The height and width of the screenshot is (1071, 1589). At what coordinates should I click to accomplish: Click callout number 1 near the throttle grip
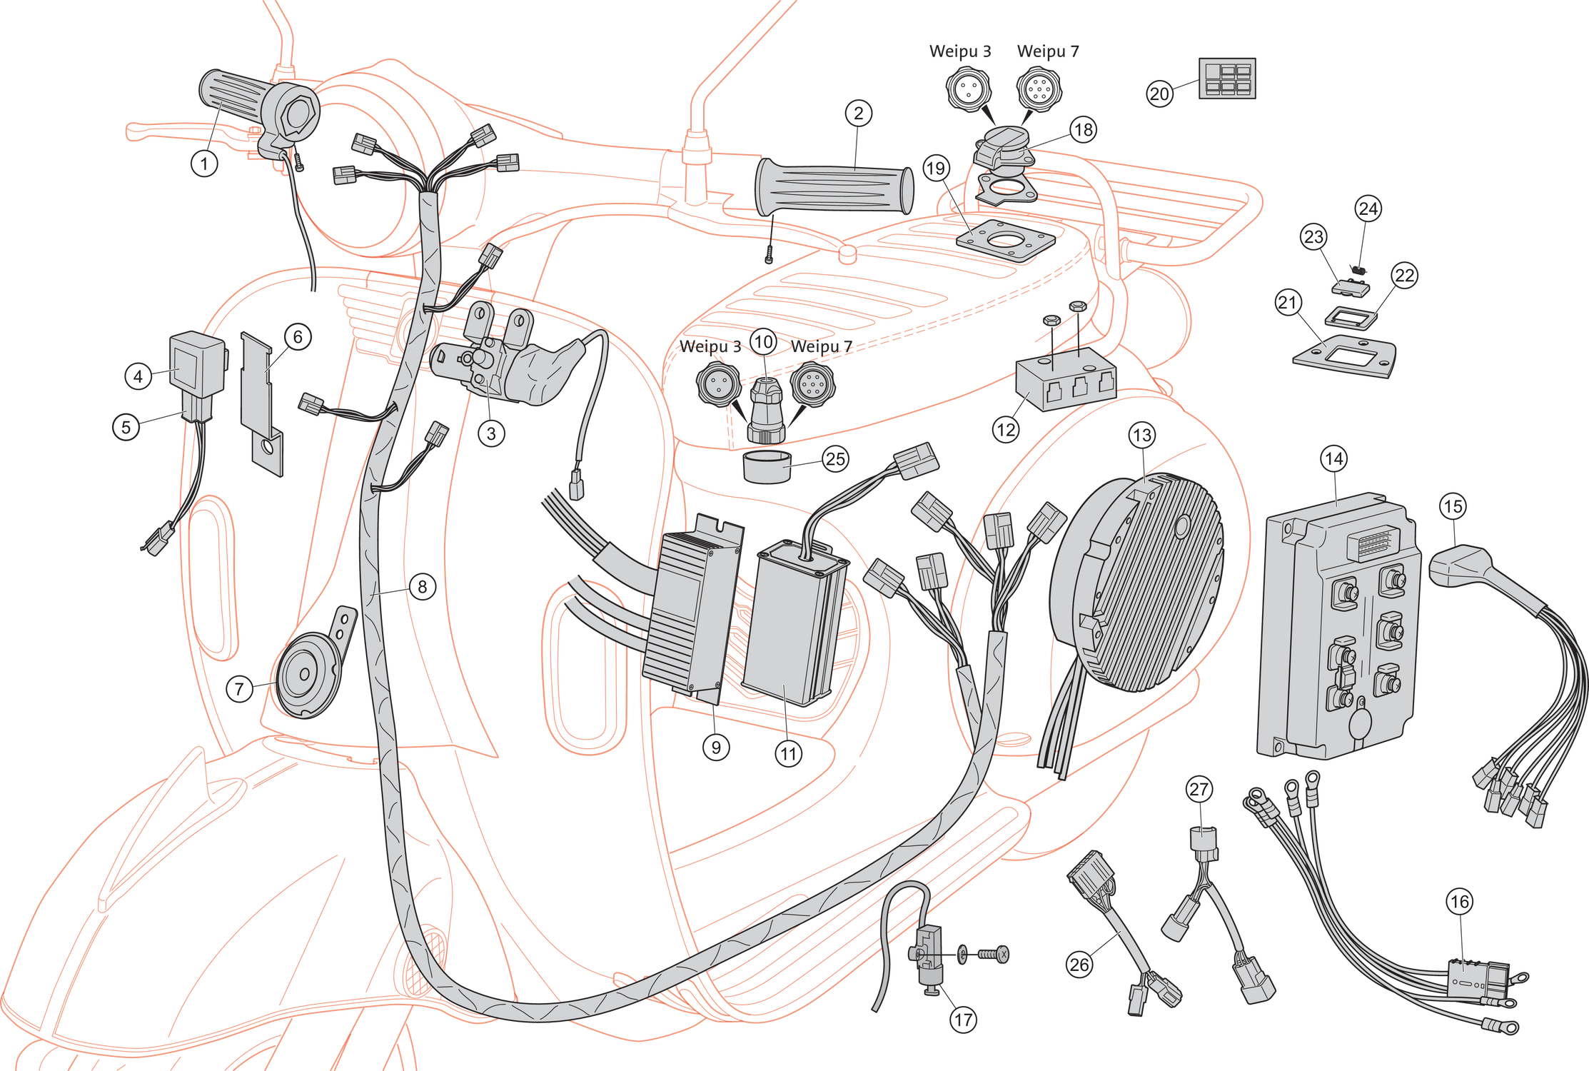[204, 164]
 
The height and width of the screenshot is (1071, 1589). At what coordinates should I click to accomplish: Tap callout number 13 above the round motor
[1141, 435]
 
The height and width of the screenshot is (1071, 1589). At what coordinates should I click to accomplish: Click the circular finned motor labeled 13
[1135, 585]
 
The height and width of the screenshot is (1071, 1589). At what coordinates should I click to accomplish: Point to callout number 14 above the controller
[1333, 459]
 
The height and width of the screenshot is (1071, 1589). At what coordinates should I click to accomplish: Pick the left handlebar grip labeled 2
[835, 188]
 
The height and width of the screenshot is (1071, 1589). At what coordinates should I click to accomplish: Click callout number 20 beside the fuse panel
[1159, 94]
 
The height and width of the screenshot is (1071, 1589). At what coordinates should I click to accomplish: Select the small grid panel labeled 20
[1226, 79]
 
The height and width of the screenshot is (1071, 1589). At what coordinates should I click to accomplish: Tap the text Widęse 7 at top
[1047, 51]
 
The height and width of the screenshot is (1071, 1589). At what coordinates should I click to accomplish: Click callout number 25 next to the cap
[834, 459]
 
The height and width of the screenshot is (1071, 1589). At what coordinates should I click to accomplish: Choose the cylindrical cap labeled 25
[768, 468]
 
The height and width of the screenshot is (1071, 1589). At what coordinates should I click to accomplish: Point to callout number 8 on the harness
[422, 587]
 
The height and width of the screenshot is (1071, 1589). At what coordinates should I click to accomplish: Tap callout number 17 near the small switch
[962, 1020]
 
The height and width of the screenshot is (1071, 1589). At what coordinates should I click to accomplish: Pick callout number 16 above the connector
[1459, 902]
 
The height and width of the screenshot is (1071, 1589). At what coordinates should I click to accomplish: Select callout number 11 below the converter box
[788, 753]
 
